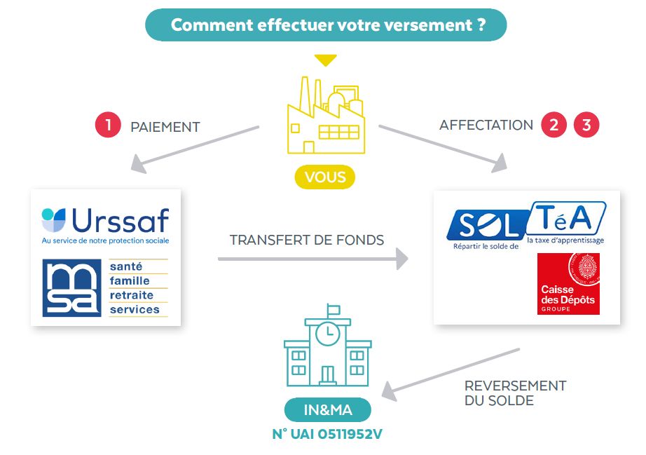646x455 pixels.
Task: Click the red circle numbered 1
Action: click(x=108, y=125)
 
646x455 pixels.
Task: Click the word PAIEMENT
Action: click(x=165, y=127)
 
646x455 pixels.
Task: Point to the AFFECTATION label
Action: click(x=486, y=125)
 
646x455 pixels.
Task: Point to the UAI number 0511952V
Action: click(x=327, y=434)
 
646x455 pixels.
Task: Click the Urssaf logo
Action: click(x=106, y=223)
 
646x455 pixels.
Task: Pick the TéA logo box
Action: click(x=566, y=219)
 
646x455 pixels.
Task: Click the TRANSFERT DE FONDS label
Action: click(x=307, y=240)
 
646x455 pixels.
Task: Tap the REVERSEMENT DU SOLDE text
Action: click(x=515, y=393)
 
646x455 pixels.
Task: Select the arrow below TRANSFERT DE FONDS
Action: click(x=312, y=259)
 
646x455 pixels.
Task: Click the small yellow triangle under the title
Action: click(x=325, y=60)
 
